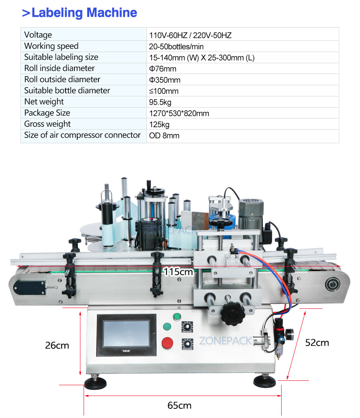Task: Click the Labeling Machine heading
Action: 80,13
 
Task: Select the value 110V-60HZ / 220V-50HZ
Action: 190,35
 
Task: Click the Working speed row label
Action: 51,46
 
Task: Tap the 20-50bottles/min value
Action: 176,46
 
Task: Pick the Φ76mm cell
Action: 162,69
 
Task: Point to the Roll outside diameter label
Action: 62,80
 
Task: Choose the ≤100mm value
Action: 164,91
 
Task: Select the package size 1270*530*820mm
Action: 179,113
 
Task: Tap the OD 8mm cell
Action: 164,136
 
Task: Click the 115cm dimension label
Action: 178,272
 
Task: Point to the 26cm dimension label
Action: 57,345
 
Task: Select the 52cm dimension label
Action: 317,342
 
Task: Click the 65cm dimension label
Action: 179,405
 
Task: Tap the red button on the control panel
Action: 167,343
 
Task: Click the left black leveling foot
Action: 95,383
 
